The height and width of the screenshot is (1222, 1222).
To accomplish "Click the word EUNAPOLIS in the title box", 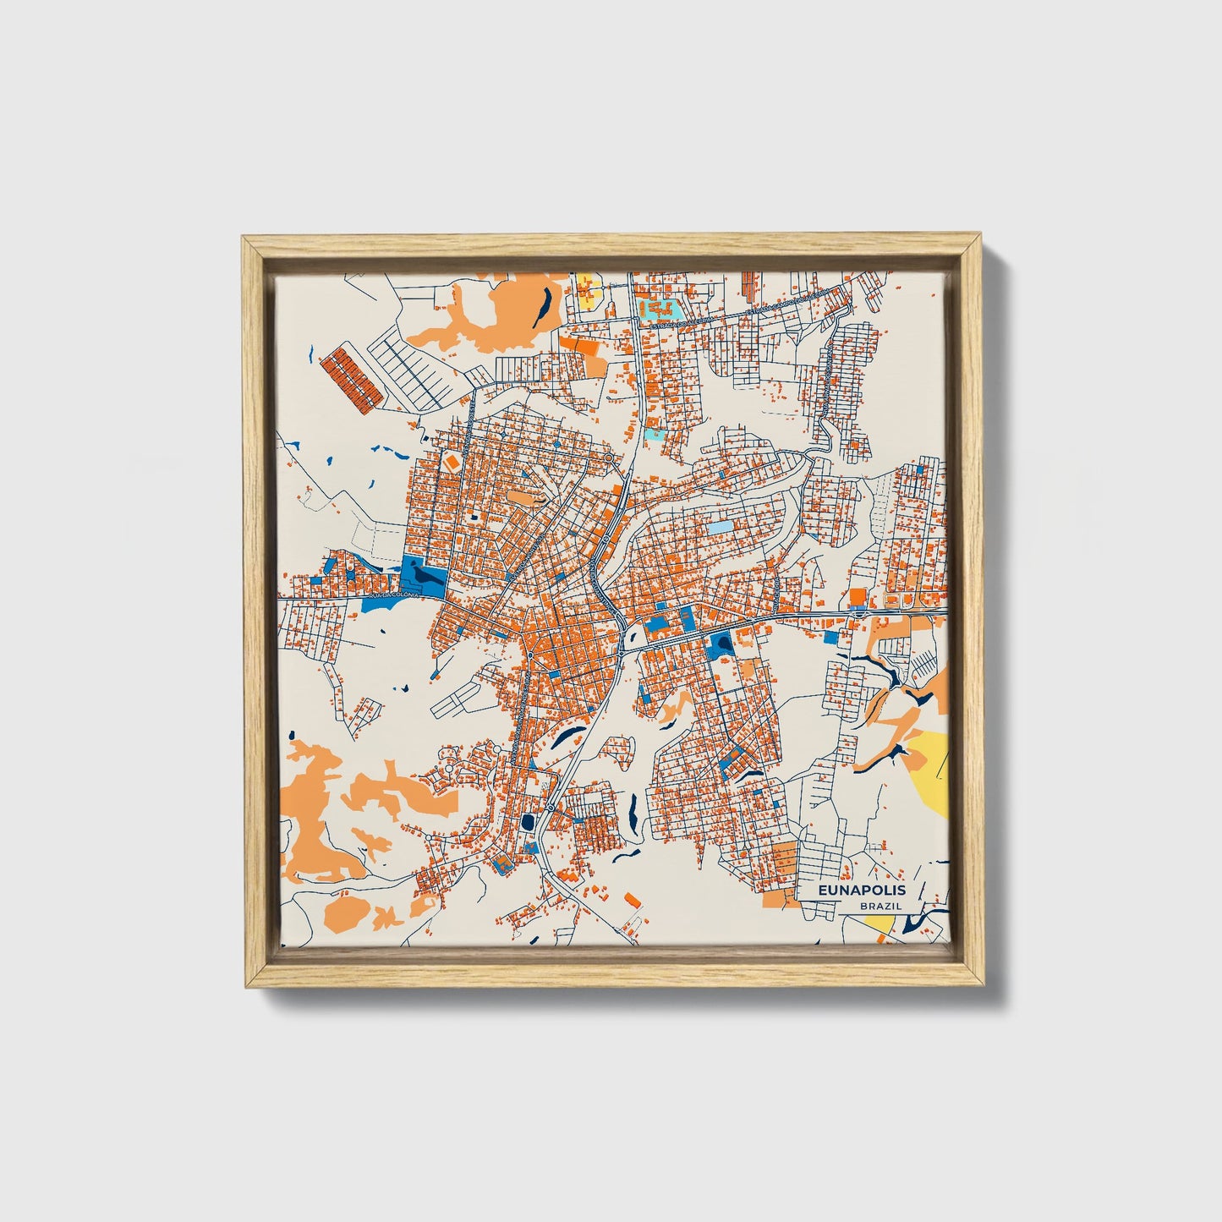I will tap(862, 890).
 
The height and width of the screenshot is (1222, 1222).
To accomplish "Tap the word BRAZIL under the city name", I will tap(880, 906).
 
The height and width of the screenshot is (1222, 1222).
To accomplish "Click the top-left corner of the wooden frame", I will tap(245, 240).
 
